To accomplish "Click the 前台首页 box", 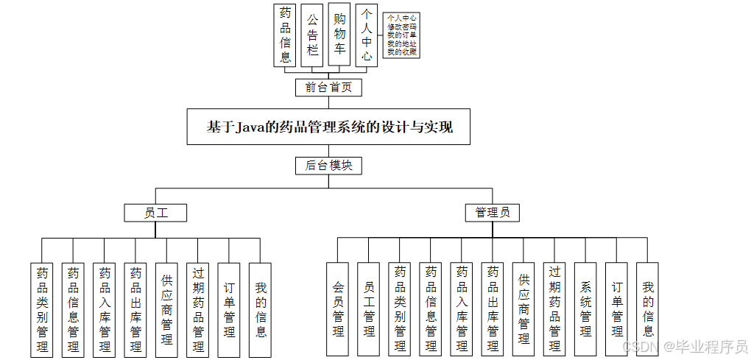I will point(328,88).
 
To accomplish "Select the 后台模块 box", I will point(328,166).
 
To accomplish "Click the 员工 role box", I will point(155,213).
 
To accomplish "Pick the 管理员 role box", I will point(493,213).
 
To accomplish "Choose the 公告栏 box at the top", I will point(312,35).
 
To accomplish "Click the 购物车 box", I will point(339,35).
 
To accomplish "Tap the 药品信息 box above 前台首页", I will point(285,35).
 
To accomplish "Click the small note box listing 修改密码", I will point(401,35).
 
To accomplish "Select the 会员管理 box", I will point(338,309).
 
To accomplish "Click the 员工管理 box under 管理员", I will point(369,309).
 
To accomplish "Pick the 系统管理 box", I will point(586,309).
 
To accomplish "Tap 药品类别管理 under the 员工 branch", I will point(43,309).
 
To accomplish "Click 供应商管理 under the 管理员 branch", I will point(523,309).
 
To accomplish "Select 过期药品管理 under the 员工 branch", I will point(198,309).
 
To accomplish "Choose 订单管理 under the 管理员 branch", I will point(617,309).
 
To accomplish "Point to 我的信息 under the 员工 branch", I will point(261,309).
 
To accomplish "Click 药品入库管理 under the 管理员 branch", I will point(462,309).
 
